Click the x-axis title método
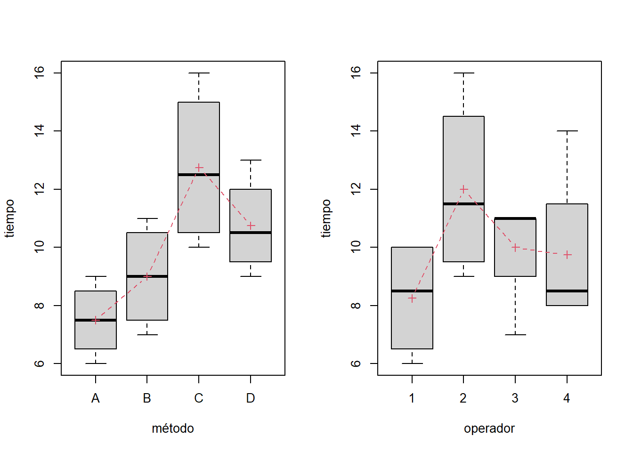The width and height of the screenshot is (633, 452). [173, 428]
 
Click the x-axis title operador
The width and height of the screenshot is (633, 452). [489, 428]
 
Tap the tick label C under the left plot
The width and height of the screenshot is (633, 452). [199, 398]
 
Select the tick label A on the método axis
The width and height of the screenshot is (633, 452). [96, 398]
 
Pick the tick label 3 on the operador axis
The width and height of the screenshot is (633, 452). [515, 398]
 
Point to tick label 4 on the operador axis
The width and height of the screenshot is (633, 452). [567, 398]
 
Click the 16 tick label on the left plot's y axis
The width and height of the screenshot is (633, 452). [40, 73]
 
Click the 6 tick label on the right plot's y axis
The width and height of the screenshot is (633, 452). [356, 363]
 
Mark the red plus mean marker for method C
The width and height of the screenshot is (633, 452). [199, 168]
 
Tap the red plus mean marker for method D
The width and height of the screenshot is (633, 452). [251, 226]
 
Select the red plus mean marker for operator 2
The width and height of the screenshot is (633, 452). [463, 189]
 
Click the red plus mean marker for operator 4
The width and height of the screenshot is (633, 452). [567, 255]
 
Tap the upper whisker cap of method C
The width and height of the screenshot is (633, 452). [199, 73]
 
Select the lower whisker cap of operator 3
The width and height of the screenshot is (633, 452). [515, 335]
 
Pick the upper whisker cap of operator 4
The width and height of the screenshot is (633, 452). [567, 131]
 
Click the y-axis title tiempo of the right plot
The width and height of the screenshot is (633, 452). [326, 218]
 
